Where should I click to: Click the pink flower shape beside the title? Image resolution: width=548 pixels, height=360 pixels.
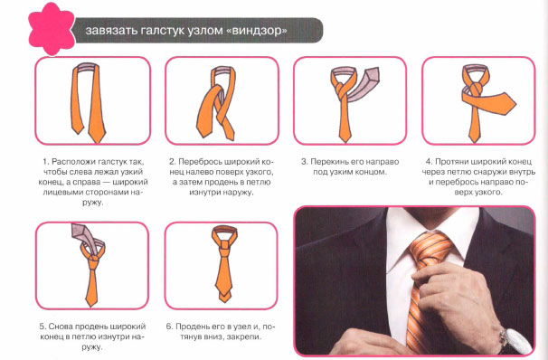[51, 29]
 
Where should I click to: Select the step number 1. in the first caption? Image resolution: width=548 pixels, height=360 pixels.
[46, 162]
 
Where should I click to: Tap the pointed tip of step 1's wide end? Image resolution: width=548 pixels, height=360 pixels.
[96, 141]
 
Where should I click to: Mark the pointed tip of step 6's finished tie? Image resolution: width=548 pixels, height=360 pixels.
[224, 301]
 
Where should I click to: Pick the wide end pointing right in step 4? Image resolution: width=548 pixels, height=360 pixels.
[496, 102]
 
